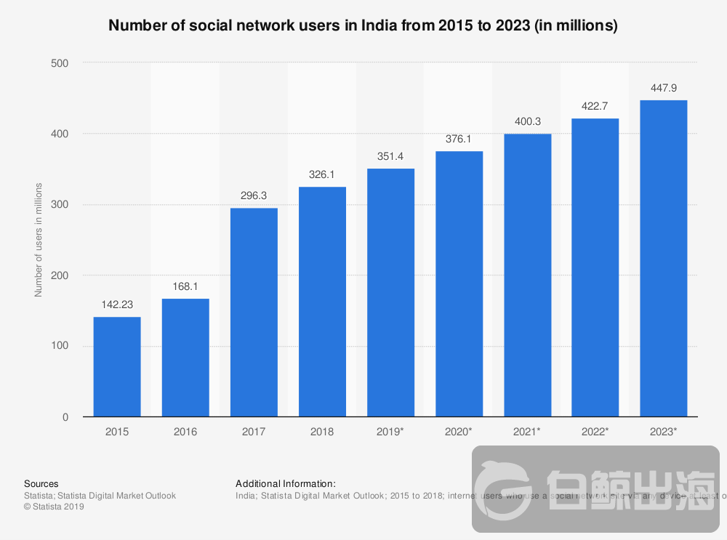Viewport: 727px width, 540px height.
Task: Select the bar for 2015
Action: click(117, 367)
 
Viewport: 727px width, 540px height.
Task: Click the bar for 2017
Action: click(254, 313)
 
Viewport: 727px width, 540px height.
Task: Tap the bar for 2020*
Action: click(459, 283)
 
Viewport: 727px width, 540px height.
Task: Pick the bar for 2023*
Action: click(663, 258)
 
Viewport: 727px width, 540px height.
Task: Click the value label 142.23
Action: click(117, 305)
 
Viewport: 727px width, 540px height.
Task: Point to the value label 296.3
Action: click(254, 196)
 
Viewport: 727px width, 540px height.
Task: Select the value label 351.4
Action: click(390, 156)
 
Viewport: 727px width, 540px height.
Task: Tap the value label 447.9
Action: click(663, 88)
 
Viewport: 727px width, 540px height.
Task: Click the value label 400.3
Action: click(527, 121)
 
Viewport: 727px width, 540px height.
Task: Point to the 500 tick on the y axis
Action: click(60, 63)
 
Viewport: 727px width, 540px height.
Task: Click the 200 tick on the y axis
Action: click(60, 275)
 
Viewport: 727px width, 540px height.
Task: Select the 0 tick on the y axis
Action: click(65, 417)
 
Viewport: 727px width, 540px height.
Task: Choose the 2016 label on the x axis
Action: click(185, 432)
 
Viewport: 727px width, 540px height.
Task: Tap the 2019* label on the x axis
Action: click(390, 432)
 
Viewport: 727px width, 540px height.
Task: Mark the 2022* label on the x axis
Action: click(595, 432)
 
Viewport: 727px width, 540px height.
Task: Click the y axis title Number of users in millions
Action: click(39, 240)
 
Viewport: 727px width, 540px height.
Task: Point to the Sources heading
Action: click(41, 483)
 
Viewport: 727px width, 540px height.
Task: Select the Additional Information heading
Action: click(286, 483)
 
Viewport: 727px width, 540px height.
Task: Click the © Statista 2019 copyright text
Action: click(54, 507)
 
